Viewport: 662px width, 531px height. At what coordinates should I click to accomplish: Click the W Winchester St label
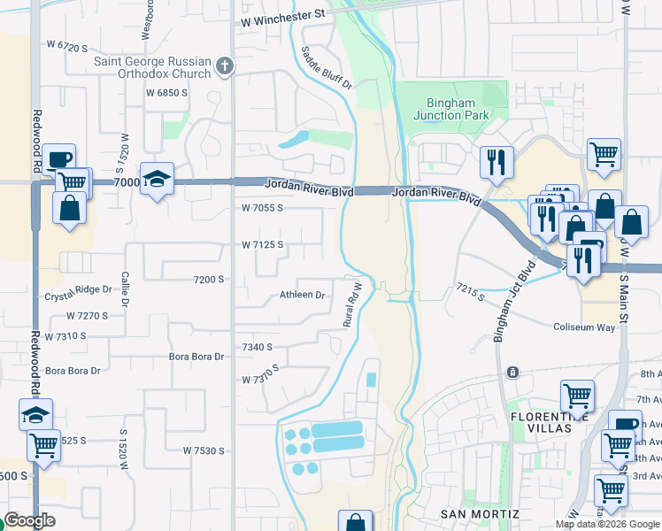[x=282, y=14]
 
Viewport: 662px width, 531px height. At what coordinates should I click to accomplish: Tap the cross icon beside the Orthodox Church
[x=225, y=66]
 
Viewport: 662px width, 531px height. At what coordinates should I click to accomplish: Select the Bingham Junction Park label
[x=450, y=109]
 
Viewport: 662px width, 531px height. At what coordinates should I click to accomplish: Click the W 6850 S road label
[x=167, y=92]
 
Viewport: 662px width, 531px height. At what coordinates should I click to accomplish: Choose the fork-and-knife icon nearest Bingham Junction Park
[x=496, y=162]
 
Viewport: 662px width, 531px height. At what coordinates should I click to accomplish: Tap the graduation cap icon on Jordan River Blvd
[x=157, y=180]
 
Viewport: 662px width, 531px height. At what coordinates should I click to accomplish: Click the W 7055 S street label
[x=262, y=208]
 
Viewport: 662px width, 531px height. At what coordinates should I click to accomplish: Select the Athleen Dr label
[x=303, y=295]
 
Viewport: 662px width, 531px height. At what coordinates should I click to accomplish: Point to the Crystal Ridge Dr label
[x=79, y=290]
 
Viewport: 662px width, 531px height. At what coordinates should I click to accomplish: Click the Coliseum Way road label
[x=584, y=327]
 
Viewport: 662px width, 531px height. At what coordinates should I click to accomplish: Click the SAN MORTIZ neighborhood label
[x=477, y=514]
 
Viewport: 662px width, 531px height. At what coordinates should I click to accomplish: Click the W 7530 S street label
[x=204, y=450]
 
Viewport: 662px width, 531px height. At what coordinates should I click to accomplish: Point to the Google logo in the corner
[x=30, y=521]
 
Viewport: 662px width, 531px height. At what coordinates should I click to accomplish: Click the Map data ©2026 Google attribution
[x=606, y=524]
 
